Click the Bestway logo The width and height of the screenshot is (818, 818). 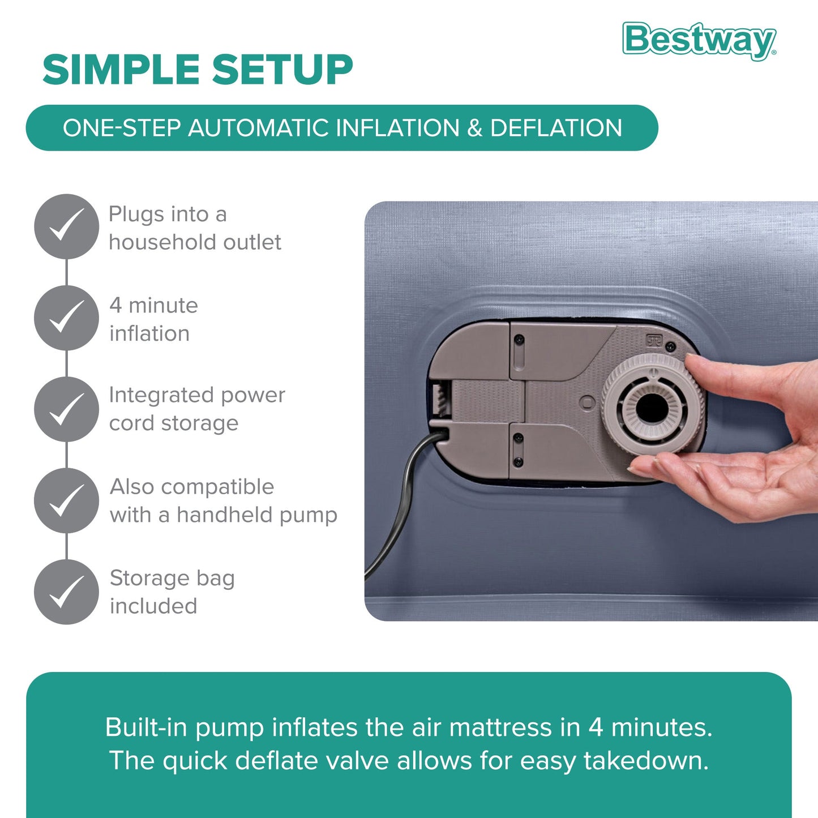point(699,40)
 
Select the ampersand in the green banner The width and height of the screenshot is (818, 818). point(474,128)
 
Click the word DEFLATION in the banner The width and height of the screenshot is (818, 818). point(556,128)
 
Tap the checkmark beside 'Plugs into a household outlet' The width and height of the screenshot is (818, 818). point(66,226)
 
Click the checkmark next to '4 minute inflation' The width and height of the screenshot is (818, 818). point(66,318)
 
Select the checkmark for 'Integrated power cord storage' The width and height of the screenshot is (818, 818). point(66,409)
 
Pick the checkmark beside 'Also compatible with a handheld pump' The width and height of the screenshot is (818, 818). point(66,500)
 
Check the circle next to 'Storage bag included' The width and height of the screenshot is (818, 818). point(66,592)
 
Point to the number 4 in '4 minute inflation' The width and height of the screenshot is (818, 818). point(115,306)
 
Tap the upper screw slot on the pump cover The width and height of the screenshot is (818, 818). point(519,340)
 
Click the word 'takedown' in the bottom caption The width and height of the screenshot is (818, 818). point(645,761)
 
